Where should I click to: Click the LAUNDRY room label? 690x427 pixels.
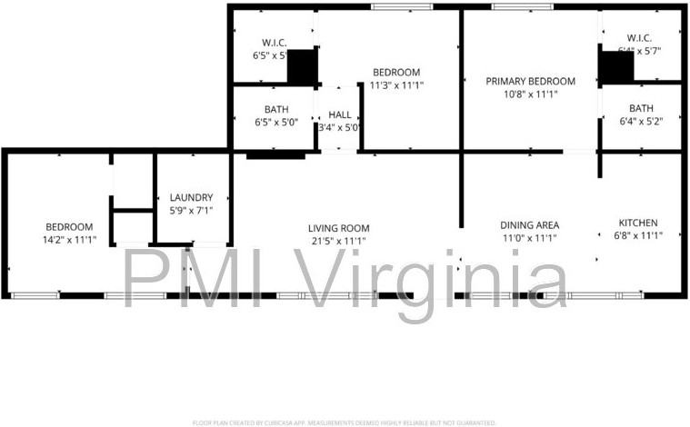(192, 197)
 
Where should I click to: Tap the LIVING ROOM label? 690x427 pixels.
(336, 228)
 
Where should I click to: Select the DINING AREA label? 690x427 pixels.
(529, 224)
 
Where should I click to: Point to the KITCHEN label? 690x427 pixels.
(637, 223)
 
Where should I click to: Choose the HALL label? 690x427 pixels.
(340, 114)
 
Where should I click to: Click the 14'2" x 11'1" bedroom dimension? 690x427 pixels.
(70, 240)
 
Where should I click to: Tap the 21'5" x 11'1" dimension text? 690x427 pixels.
(336, 241)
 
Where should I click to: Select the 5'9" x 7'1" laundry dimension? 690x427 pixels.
(192, 210)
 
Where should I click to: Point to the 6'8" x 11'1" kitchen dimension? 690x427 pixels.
(637, 235)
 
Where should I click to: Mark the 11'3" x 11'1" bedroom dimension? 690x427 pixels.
(396, 85)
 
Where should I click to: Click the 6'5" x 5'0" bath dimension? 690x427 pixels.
(276, 122)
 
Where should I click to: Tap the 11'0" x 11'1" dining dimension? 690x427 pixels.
(529, 237)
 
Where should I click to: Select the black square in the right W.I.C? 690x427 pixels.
(616, 67)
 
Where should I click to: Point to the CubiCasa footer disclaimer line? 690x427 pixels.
(345, 422)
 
